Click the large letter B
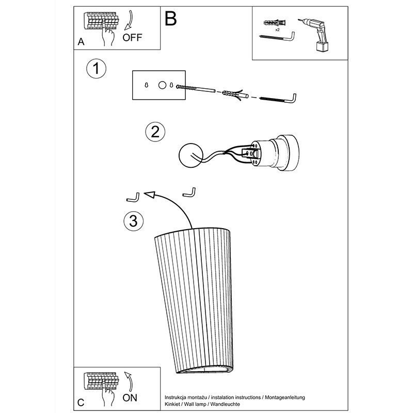coord(171,19)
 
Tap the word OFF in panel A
coord(132,38)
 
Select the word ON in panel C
coord(130,398)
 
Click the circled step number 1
coord(97,69)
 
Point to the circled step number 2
coord(155,132)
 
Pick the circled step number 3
coord(134,221)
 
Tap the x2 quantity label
coord(277,30)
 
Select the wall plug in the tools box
coord(275,23)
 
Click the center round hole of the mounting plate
coord(162,85)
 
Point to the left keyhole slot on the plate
coord(147,85)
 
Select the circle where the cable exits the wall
coord(190,155)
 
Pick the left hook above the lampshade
coord(134,198)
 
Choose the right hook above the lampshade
coord(189,192)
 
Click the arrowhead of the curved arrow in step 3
coord(149,195)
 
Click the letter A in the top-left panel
coord(81,42)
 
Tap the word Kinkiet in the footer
coord(173,404)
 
